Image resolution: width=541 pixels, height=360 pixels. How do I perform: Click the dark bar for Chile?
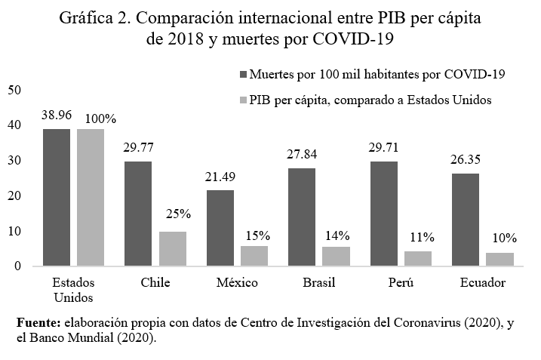click(x=139, y=214)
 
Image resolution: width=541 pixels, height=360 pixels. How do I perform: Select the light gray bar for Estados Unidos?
click(x=91, y=198)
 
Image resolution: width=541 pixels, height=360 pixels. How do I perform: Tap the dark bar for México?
click(x=220, y=228)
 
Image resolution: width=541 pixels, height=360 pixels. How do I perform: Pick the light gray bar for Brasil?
click(x=336, y=257)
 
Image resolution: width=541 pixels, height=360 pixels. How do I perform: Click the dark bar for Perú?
click(x=384, y=214)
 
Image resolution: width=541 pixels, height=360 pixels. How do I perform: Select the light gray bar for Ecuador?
click(x=500, y=260)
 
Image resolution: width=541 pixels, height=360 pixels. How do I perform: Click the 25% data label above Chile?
click(x=173, y=214)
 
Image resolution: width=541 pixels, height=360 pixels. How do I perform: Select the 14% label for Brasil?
click(x=336, y=235)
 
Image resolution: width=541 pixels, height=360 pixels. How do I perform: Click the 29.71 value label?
click(x=384, y=149)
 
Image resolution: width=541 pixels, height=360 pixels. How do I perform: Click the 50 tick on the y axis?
click(x=14, y=90)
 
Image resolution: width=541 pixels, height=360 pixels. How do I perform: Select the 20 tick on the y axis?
click(x=14, y=195)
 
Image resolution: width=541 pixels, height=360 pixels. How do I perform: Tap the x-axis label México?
click(x=235, y=283)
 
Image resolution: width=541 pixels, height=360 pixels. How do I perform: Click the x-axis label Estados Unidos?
click(x=73, y=290)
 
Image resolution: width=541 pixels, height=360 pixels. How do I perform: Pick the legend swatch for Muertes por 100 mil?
click(x=242, y=74)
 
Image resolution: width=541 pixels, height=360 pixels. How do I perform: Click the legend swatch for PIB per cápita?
click(x=242, y=100)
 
